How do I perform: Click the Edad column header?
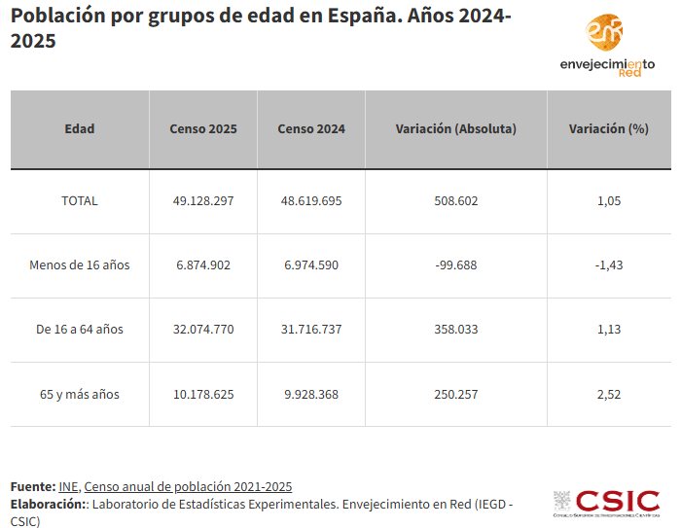(x=80, y=129)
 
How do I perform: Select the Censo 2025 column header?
(x=203, y=129)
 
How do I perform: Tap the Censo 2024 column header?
(x=311, y=129)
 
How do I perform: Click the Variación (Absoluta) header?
(x=456, y=129)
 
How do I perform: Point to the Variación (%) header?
(x=608, y=129)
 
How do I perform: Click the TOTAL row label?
(x=80, y=201)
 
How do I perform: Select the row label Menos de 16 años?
(x=80, y=265)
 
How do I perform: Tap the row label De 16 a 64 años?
(x=80, y=330)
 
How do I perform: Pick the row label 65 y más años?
(x=80, y=395)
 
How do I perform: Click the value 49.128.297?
(x=203, y=201)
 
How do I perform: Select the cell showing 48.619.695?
(x=311, y=201)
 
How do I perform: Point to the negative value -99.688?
(x=456, y=265)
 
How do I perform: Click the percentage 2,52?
(x=608, y=395)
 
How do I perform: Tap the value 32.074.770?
(x=203, y=330)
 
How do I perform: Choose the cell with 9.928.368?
(x=311, y=395)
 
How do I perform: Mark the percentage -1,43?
(x=608, y=265)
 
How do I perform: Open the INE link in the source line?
(x=68, y=486)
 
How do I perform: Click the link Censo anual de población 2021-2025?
(x=188, y=486)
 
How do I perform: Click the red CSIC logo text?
(x=618, y=502)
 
